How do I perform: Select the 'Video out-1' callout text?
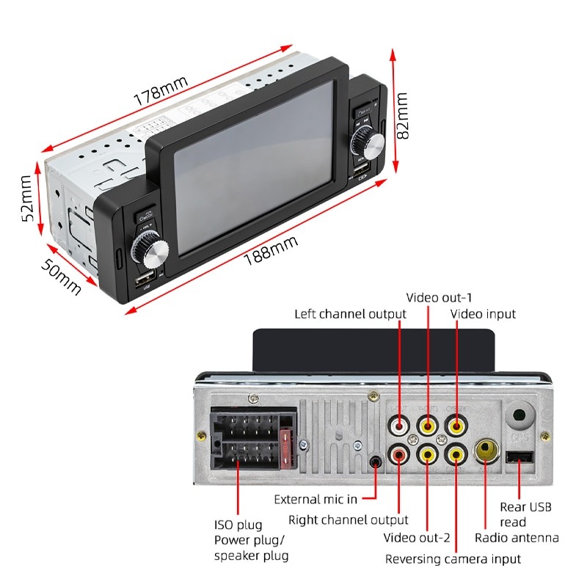click(440, 298)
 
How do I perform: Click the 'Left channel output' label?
click(350, 314)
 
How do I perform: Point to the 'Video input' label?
click(483, 314)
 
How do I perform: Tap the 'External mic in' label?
click(316, 500)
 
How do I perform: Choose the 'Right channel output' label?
click(348, 520)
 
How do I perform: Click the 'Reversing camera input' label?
click(453, 559)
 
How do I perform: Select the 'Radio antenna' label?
click(517, 539)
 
